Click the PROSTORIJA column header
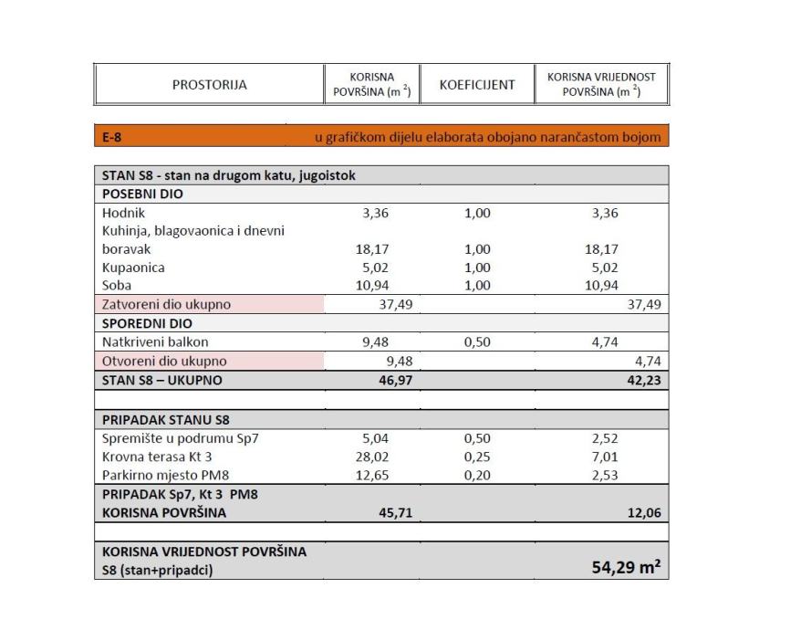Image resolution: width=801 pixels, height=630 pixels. click(x=209, y=86)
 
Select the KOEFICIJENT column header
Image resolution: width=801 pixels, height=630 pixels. click(x=477, y=85)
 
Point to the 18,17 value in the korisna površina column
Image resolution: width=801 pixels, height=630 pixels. click(x=371, y=249)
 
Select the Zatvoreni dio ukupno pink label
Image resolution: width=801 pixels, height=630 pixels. click(x=166, y=305)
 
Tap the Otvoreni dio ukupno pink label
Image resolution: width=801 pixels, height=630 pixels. click(x=164, y=361)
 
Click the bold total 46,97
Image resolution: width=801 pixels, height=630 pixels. click(x=397, y=380)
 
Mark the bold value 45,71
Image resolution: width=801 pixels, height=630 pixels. click(x=397, y=513)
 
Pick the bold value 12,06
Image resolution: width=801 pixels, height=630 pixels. click(x=643, y=513)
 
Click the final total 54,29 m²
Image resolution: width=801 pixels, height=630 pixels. click(x=626, y=569)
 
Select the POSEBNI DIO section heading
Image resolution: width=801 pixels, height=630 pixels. click(x=142, y=194)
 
